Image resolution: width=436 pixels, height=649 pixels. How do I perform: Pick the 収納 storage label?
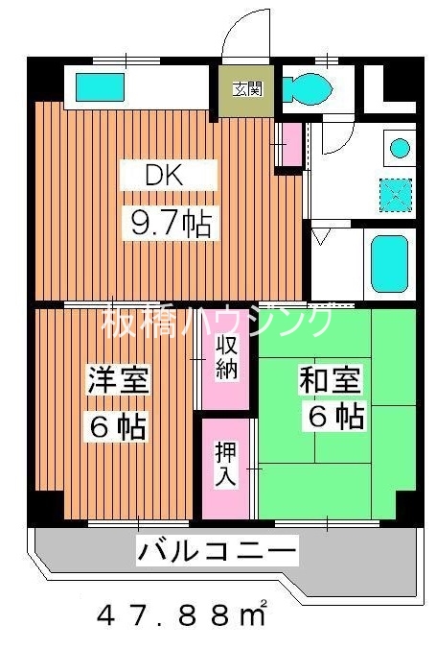click(227, 358)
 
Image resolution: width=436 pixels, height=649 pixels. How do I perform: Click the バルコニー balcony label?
click(216, 552)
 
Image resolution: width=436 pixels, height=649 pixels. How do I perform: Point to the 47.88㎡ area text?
click(182, 614)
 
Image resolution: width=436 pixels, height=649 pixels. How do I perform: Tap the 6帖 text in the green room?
click(335, 418)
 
